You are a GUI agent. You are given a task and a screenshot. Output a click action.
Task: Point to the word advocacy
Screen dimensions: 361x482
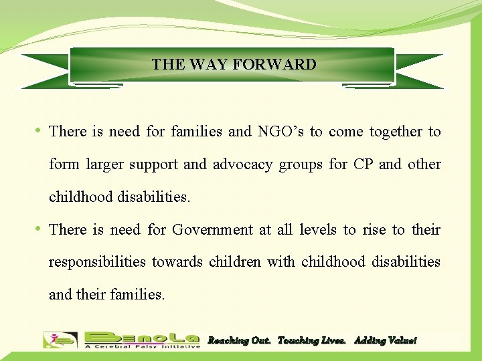(x=243, y=164)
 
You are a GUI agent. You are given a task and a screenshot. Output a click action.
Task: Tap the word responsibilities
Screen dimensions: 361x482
(x=97, y=262)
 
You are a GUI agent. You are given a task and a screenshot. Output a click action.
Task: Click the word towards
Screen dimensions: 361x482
(x=177, y=262)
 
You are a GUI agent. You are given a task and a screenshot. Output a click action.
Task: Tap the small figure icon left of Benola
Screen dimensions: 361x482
(x=60, y=340)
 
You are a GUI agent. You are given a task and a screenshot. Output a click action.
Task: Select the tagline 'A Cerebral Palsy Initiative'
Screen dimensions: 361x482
(x=143, y=346)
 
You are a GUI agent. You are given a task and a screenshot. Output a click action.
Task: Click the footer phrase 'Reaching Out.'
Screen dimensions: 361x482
(x=239, y=340)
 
